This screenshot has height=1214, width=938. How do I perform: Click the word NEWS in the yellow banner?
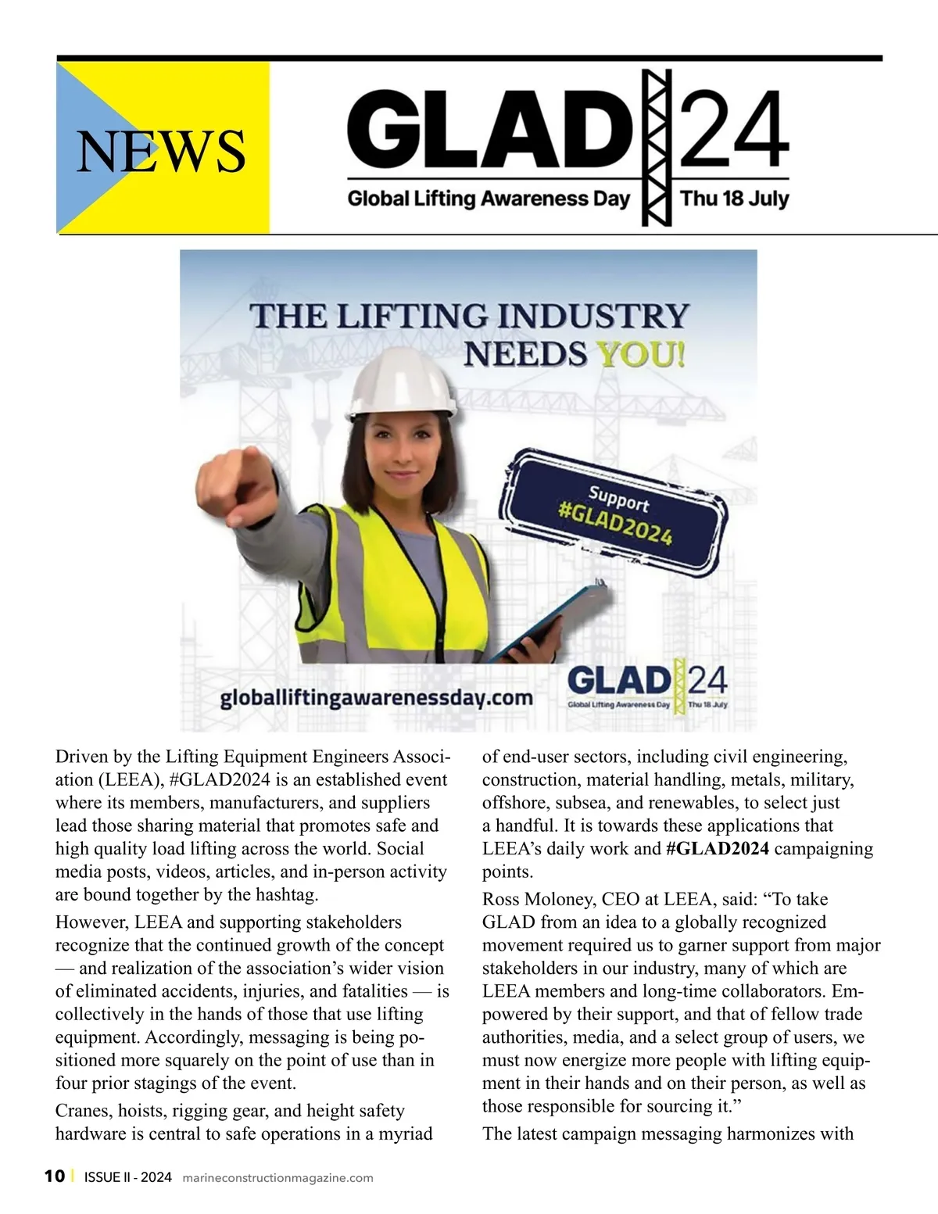click(x=161, y=151)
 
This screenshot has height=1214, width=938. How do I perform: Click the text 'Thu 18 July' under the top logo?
click(x=734, y=199)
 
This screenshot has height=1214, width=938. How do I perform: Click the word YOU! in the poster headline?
click(x=641, y=354)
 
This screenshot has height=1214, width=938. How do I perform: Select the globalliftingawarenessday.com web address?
click(x=376, y=697)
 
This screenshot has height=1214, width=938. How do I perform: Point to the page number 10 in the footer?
click(x=55, y=1176)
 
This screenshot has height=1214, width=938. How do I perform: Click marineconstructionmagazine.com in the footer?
click(x=277, y=1178)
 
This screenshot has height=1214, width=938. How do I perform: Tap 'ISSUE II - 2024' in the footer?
click(x=127, y=1177)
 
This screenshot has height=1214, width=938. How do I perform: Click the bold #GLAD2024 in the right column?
click(x=717, y=849)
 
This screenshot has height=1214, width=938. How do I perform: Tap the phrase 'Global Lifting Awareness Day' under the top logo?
click(x=489, y=199)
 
